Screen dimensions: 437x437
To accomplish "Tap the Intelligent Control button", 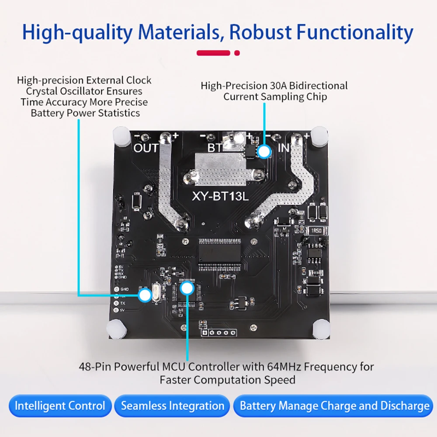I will [x=60, y=406].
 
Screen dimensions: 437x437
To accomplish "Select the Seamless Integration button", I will [x=173, y=406].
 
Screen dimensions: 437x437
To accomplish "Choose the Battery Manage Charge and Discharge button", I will [x=335, y=406].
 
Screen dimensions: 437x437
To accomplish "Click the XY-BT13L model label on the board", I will [x=220, y=197].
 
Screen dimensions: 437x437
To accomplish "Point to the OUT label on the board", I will [x=146, y=148].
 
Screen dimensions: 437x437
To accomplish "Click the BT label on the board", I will [x=215, y=148].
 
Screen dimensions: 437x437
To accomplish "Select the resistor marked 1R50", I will [x=316, y=231].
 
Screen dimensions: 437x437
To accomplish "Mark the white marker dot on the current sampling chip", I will [x=264, y=152].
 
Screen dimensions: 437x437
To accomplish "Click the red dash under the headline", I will [x=213, y=53].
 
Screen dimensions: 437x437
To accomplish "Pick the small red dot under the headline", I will [x=237, y=53].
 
